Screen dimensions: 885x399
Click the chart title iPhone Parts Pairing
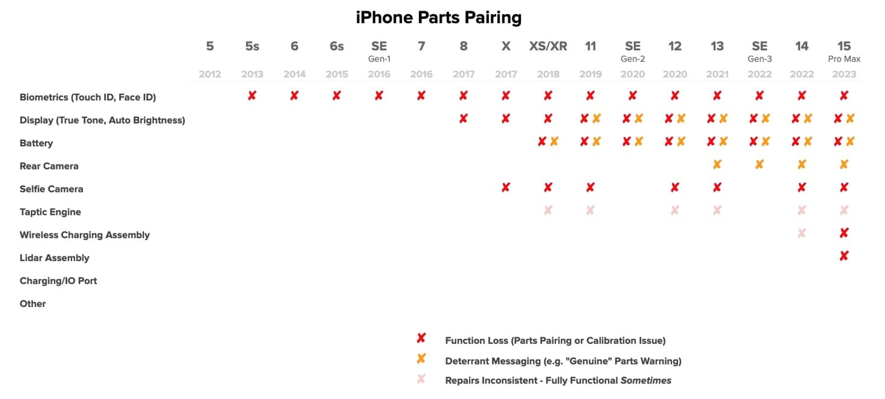tap(438, 18)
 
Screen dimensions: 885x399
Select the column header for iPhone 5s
tap(252, 46)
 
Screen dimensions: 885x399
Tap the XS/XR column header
tap(548, 46)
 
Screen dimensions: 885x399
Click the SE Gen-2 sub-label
tap(632, 59)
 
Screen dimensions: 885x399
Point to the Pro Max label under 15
tap(844, 59)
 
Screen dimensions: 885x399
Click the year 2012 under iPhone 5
tap(210, 74)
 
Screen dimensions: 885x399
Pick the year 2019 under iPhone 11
tap(590, 74)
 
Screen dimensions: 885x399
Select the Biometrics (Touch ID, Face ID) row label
tap(88, 97)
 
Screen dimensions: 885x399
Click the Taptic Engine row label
tap(50, 212)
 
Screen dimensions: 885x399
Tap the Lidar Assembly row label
tap(54, 258)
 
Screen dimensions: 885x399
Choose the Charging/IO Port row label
tap(58, 281)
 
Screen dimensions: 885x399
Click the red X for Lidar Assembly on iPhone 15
tap(844, 256)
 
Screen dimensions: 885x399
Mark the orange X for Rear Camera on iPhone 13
tap(717, 164)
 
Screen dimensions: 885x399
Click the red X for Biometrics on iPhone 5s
tap(252, 95)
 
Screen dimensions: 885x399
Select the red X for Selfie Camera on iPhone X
tap(506, 187)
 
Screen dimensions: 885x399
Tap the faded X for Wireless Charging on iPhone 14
tap(802, 233)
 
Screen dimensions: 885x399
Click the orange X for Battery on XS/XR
tap(554, 141)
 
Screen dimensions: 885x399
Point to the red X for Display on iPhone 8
tap(463, 118)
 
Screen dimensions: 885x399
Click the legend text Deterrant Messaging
tap(492, 361)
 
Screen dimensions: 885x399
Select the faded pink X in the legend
tap(421, 379)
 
